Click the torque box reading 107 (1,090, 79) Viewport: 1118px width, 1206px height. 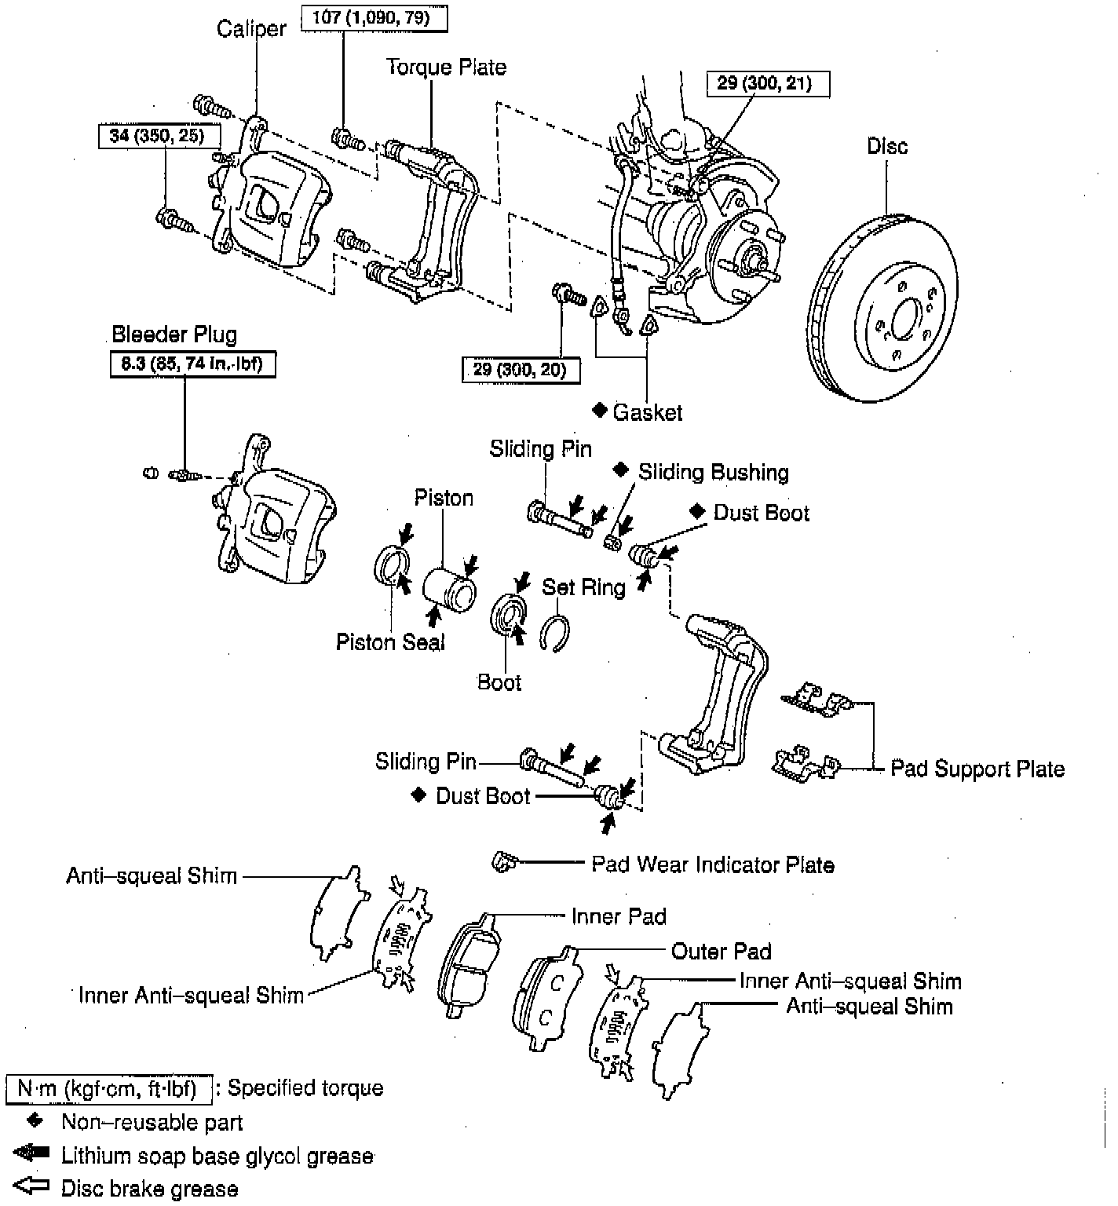pyautogui.click(x=374, y=18)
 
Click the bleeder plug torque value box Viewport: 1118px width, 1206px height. pyautogui.click(x=192, y=365)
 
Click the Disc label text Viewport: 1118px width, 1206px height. pyautogui.click(x=887, y=146)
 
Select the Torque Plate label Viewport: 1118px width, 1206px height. pyautogui.click(x=445, y=68)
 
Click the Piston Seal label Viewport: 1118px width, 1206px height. pyautogui.click(x=390, y=642)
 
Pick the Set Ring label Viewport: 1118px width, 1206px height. pyautogui.click(x=583, y=587)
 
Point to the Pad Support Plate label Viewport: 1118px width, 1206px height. pyautogui.click(x=977, y=769)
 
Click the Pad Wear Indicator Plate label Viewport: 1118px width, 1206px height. pyautogui.click(x=712, y=865)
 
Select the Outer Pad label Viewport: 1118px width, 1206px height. pyautogui.click(x=721, y=952)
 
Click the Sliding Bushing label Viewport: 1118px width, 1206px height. pyautogui.click(x=713, y=473)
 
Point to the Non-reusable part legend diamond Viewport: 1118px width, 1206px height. pyautogui.click(x=33, y=1120)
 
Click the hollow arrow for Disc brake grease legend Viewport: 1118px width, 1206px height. pyautogui.click(x=31, y=1186)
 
